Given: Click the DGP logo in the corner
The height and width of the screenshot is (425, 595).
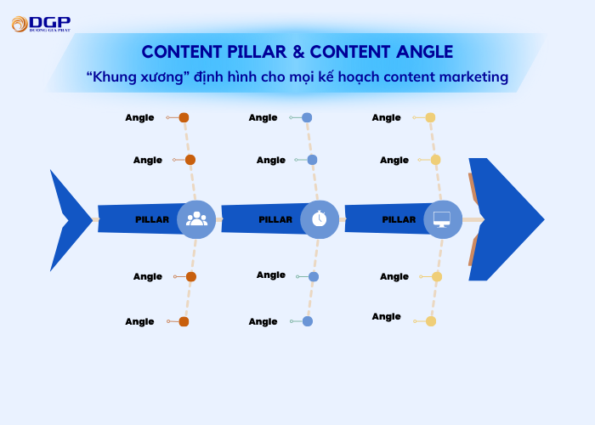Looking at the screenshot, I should pyautogui.click(x=40, y=24).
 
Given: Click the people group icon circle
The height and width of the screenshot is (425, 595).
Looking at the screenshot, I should pyautogui.click(x=196, y=219).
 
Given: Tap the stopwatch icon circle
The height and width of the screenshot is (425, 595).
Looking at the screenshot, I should pyautogui.click(x=320, y=219).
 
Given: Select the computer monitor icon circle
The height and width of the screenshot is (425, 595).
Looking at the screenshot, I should pyautogui.click(x=443, y=219).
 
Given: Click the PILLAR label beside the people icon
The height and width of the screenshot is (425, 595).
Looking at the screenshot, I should pyautogui.click(x=152, y=219).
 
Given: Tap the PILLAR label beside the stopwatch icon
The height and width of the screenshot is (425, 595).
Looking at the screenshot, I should pyautogui.click(x=275, y=219).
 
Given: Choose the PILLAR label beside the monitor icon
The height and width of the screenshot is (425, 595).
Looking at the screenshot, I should pyautogui.click(x=399, y=219).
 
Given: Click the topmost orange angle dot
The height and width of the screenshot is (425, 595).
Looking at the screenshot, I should pyautogui.click(x=184, y=117).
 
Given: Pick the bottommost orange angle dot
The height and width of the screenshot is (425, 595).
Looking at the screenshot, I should pyautogui.click(x=184, y=321).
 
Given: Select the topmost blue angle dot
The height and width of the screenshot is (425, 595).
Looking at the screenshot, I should pyautogui.click(x=307, y=117).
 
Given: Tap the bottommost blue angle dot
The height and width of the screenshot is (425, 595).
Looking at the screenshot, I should pyautogui.click(x=308, y=321).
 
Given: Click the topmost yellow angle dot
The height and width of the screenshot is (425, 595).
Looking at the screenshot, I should pyautogui.click(x=430, y=117).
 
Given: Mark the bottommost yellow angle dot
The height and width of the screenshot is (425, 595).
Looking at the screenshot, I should pyautogui.click(x=431, y=321).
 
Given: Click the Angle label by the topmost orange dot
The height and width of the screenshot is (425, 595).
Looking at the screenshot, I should pyautogui.click(x=139, y=117).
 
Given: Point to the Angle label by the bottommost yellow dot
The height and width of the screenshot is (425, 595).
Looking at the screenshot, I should pyautogui.click(x=386, y=316).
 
